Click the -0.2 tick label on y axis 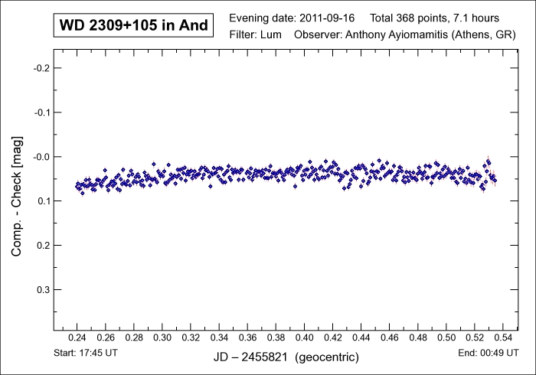point(41,68)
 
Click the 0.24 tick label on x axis point(77,337)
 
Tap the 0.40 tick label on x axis point(305,337)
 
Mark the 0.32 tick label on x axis point(191,337)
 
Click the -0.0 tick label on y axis point(41,157)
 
